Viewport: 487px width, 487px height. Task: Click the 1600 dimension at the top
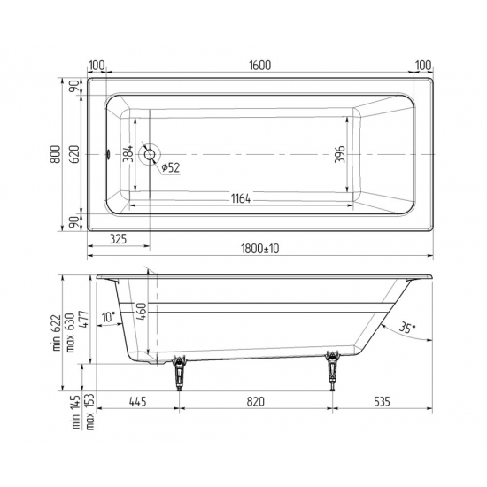[259, 66]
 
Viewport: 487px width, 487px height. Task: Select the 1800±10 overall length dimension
[260, 250]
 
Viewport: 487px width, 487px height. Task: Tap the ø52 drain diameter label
[171, 168]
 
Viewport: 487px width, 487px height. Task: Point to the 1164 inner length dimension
[235, 198]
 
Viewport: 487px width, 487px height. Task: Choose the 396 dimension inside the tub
[339, 155]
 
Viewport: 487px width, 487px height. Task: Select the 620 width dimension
[75, 155]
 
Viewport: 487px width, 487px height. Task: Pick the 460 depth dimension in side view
[139, 312]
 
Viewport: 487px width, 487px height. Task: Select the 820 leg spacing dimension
[256, 402]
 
